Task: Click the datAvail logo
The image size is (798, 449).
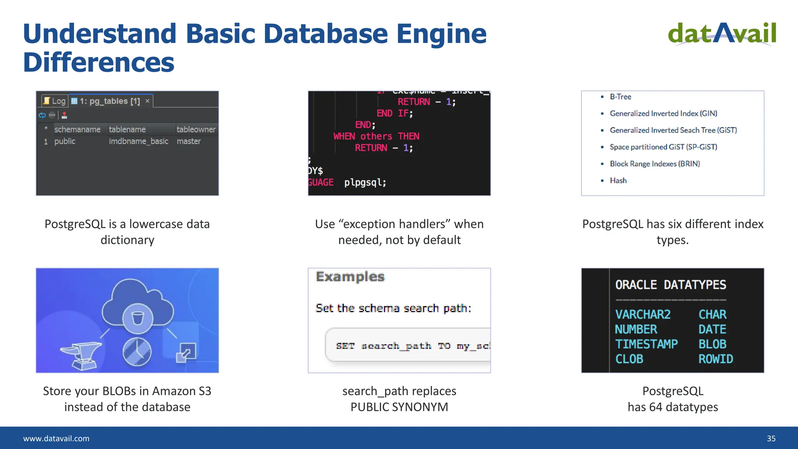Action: tap(722, 34)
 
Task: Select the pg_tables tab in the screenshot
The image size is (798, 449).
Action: tap(110, 101)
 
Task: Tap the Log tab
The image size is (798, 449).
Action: tap(55, 101)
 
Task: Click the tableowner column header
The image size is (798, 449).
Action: tap(196, 129)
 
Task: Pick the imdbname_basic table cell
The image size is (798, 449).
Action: tap(138, 141)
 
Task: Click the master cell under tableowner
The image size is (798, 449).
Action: tap(189, 141)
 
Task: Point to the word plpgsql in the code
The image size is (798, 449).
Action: tap(365, 182)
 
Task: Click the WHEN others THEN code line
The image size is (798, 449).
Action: tap(376, 136)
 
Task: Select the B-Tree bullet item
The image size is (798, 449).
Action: tap(620, 97)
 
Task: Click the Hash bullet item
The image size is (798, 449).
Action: tap(618, 180)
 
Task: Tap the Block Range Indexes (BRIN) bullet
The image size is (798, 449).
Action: tap(655, 164)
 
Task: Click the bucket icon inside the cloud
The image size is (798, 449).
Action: tap(138, 318)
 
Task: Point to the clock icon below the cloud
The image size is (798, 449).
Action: tap(137, 352)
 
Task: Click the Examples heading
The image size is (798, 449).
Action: tap(350, 277)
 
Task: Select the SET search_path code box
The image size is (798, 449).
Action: tap(407, 346)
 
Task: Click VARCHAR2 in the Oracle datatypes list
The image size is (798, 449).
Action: tap(643, 315)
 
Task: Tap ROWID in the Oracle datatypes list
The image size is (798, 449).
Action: tap(715, 359)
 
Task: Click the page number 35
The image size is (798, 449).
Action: tap(771, 438)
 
